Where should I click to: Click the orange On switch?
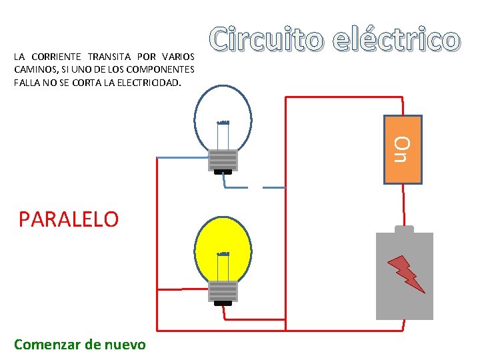pos(404,149)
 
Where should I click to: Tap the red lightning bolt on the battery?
pos(407,273)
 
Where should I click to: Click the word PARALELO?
pos(69,219)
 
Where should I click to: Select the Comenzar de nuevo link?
pos(79,344)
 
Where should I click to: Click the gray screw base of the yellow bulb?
pos(223,291)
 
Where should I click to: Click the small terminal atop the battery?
pos(404,229)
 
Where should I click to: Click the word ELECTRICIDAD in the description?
pos(146,83)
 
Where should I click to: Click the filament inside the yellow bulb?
pos(223,255)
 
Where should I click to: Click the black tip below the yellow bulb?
pos(223,303)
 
